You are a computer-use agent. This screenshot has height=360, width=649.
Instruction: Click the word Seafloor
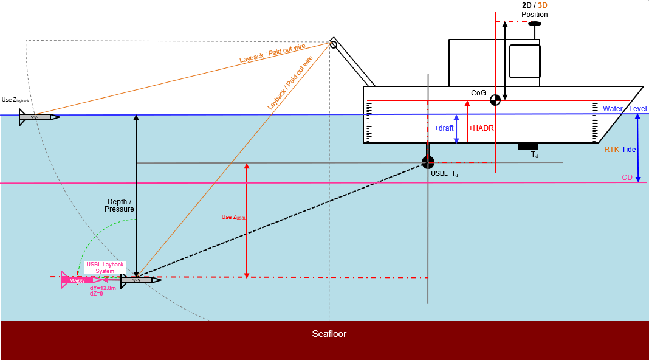(329, 334)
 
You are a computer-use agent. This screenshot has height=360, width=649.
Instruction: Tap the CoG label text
(478, 93)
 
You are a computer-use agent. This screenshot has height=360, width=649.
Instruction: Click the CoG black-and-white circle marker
(495, 100)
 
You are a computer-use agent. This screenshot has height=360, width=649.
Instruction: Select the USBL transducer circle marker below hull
(428, 162)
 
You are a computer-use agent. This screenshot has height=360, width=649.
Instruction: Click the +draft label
(444, 128)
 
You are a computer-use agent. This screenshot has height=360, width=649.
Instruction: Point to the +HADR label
(481, 128)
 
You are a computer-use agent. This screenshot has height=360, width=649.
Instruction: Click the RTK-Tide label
(620, 149)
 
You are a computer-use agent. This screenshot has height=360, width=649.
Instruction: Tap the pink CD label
(627, 178)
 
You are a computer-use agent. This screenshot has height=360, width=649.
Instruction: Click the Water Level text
(624, 109)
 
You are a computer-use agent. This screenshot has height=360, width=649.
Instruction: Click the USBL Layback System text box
(105, 268)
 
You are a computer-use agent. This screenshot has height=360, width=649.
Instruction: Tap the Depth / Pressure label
(119, 205)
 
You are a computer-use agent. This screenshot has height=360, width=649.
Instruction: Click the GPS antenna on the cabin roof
(535, 24)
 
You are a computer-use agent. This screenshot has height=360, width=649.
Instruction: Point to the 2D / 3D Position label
(534, 10)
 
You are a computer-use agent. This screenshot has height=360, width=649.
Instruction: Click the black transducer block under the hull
(527, 146)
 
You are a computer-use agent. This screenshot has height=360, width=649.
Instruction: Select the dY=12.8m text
(103, 288)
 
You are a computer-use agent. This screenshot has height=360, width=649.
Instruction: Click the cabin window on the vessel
(524, 61)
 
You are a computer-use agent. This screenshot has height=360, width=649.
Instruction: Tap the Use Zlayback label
(15, 100)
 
